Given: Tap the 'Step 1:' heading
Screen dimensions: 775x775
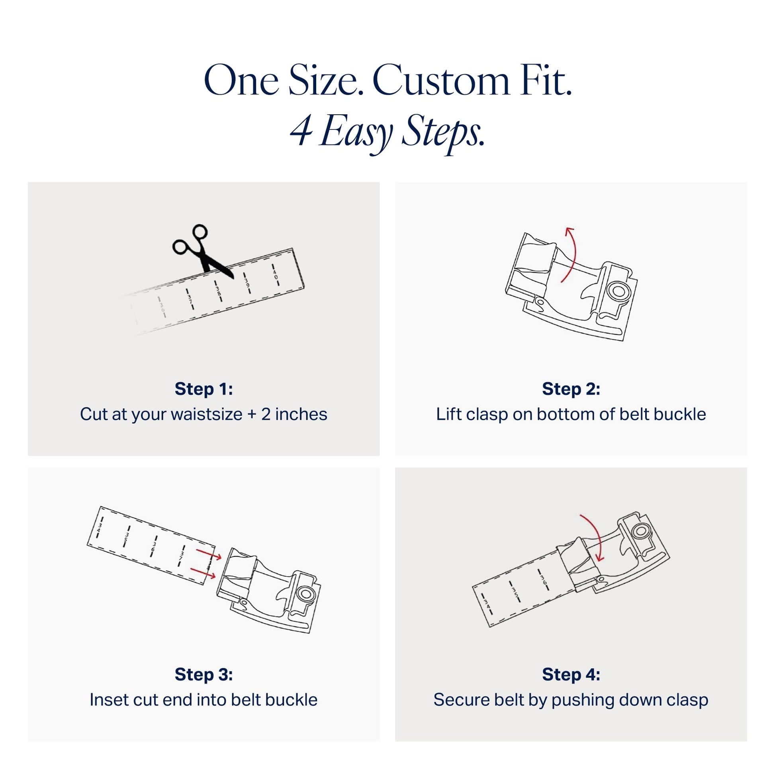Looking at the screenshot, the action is pos(204,389).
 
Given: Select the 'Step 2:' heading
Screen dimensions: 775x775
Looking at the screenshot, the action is pos(571,389).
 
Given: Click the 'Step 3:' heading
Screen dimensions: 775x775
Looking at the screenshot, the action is pos(204,674).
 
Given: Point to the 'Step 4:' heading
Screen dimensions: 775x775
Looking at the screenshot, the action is pos(571,674).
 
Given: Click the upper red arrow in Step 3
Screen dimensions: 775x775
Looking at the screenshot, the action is pos(209,554).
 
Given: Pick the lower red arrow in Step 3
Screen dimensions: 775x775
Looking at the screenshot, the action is pos(203,573).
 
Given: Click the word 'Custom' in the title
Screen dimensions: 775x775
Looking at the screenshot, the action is pos(441,81).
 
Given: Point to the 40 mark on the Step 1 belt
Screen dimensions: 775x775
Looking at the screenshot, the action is pos(275,275).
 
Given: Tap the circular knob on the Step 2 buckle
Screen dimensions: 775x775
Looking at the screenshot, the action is pos(619,290).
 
